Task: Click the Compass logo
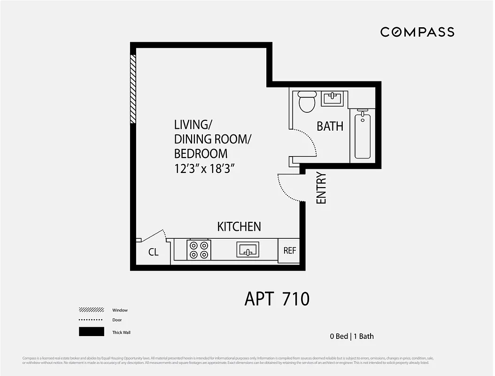point(417,32)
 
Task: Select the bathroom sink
point(333,99)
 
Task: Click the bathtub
point(363,135)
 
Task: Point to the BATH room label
point(330,126)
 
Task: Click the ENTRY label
point(321,188)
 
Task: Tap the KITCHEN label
point(239,227)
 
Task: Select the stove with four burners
point(198,250)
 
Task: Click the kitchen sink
point(247,250)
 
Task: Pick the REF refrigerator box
point(290,250)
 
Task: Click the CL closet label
point(154,252)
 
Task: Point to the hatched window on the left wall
point(133,89)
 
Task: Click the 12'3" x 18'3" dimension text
point(204,168)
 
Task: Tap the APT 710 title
point(277,299)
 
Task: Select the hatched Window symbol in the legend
point(91,310)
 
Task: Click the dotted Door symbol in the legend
point(91,320)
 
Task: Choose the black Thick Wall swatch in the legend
point(91,332)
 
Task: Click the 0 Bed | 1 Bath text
point(351,336)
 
